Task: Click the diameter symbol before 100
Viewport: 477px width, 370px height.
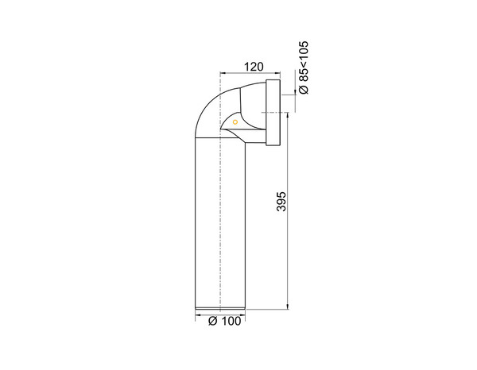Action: [x=211, y=322]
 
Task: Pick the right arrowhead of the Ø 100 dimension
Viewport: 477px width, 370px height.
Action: [x=242, y=314]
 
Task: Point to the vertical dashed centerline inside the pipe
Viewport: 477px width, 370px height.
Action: [x=219, y=222]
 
